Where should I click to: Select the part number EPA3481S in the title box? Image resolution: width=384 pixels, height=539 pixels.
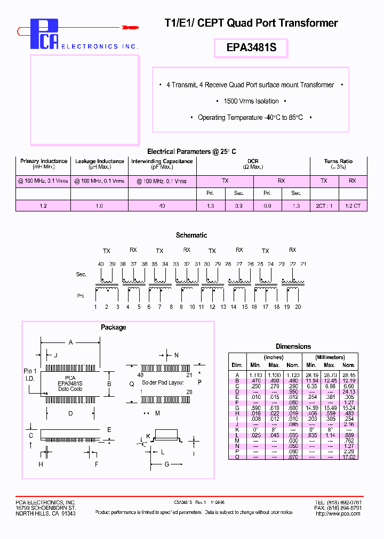pyautogui.click(x=251, y=48)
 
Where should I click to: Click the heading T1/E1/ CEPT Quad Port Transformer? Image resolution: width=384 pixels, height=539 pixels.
pyautogui.click(x=250, y=23)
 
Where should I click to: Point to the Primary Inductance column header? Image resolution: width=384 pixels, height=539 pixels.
pyautogui.click(x=44, y=161)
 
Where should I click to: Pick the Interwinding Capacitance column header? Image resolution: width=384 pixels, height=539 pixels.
pyautogui.click(x=162, y=161)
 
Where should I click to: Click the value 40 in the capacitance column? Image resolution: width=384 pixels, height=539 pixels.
pyautogui.click(x=162, y=206)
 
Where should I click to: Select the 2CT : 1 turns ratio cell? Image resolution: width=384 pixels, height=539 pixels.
pyautogui.click(x=324, y=206)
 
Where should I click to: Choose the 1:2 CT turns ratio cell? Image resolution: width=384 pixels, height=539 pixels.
pyautogui.click(x=353, y=206)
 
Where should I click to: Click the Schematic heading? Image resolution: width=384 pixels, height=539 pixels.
pyautogui.click(x=191, y=235)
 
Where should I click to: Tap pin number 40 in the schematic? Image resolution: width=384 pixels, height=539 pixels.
pyautogui.click(x=101, y=264)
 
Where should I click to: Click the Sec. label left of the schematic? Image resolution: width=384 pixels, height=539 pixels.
pyautogui.click(x=81, y=274)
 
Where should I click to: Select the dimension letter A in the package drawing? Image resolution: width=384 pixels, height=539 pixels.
pyautogui.click(x=70, y=343)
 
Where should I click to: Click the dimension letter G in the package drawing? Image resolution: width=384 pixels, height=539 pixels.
pyautogui.click(x=166, y=464)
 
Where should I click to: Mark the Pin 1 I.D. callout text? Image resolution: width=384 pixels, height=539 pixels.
pyautogui.click(x=30, y=374)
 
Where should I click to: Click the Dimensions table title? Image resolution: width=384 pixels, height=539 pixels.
pyautogui.click(x=293, y=347)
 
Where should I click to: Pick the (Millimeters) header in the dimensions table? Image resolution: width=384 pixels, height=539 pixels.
pyautogui.click(x=330, y=357)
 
